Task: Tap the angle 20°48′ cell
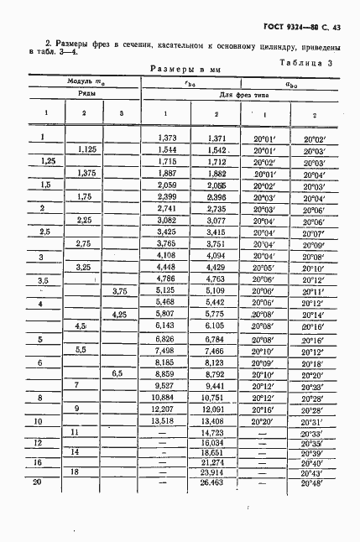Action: (x=312, y=485)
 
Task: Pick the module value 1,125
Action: (x=86, y=149)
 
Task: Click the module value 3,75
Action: (x=122, y=291)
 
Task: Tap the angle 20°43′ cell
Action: (x=312, y=472)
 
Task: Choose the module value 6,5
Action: (x=118, y=373)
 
